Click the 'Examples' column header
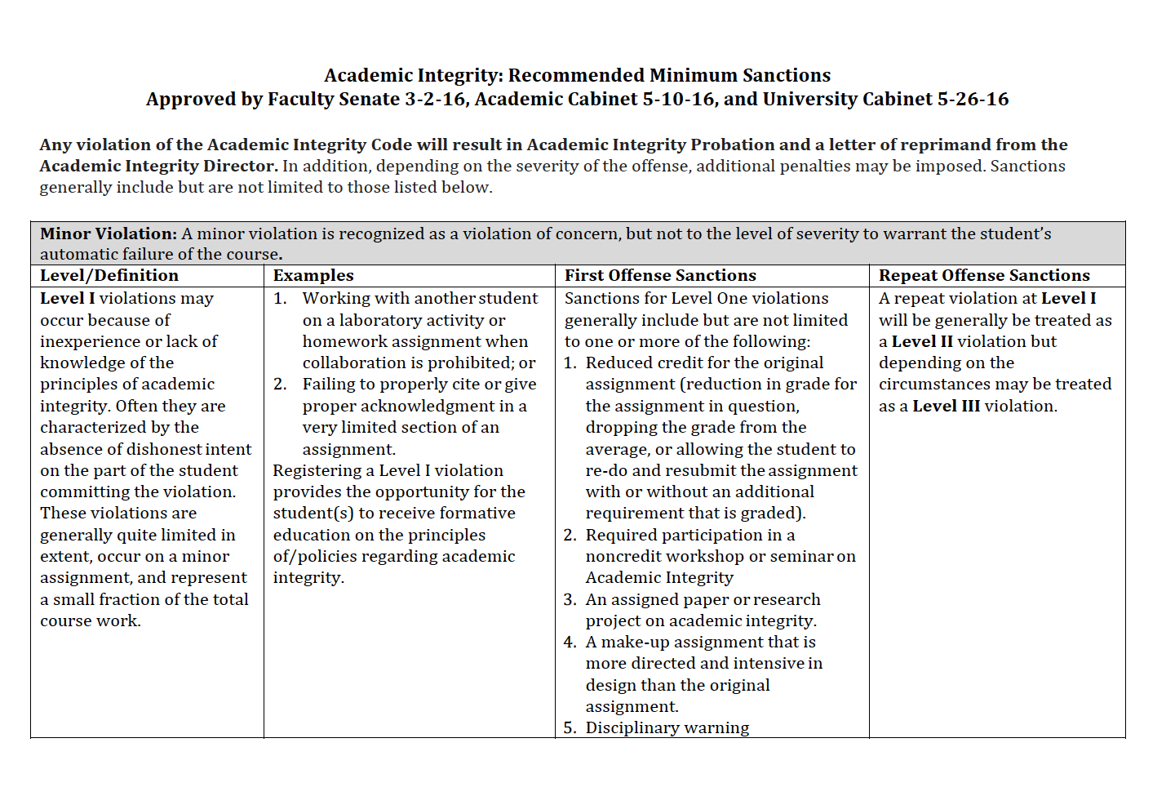[x=313, y=276]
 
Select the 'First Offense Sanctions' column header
[x=660, y=276]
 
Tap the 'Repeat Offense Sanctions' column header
[x=984, y=276]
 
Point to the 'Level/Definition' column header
[x=109, y=276]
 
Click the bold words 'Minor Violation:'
[x=109, y=234]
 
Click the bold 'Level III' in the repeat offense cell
[x=946, y=407]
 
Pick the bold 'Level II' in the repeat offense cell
[x=922, y=342]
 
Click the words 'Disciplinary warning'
[x=667, y=728]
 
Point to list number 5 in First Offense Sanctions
[x=570, y=728]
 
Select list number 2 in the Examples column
[x=280, y=385]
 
